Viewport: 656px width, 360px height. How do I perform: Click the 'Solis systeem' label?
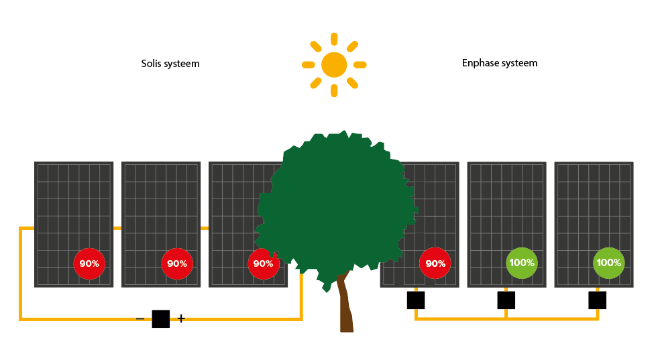click(x=170, y=64)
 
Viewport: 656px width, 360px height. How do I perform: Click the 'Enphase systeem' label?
click(x=500, y=63)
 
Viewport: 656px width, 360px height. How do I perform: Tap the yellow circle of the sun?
click(x=334, y=65)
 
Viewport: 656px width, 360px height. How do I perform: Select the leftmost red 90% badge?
click(x=89, y=263)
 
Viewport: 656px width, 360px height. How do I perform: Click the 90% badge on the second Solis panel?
click(x=177, y=263)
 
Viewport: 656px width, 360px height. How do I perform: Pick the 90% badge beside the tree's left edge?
click(x=263, y=263)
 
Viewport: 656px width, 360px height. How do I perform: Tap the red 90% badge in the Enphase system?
click(x=435, y=263)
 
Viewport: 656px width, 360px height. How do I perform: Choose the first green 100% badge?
click(x=521, y=263)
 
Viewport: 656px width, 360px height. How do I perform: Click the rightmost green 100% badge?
click(x=609, y=263)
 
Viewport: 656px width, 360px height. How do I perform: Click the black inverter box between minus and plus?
click(x=161, y=318)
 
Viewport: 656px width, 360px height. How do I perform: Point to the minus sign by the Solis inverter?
click(x=140, y=318)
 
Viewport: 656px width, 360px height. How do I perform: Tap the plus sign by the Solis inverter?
click(x=181, y=318)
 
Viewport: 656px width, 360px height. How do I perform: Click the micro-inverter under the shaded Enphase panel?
click(x=416, y=300)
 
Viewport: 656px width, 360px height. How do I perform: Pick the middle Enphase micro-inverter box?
click(x=506, y=300)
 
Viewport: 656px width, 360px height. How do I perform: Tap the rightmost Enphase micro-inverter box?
click(x=598, y=300)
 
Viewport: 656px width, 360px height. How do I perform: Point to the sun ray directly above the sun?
click(x=334, y=39)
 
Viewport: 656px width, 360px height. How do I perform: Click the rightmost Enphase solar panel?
click(x=594, y=201)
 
